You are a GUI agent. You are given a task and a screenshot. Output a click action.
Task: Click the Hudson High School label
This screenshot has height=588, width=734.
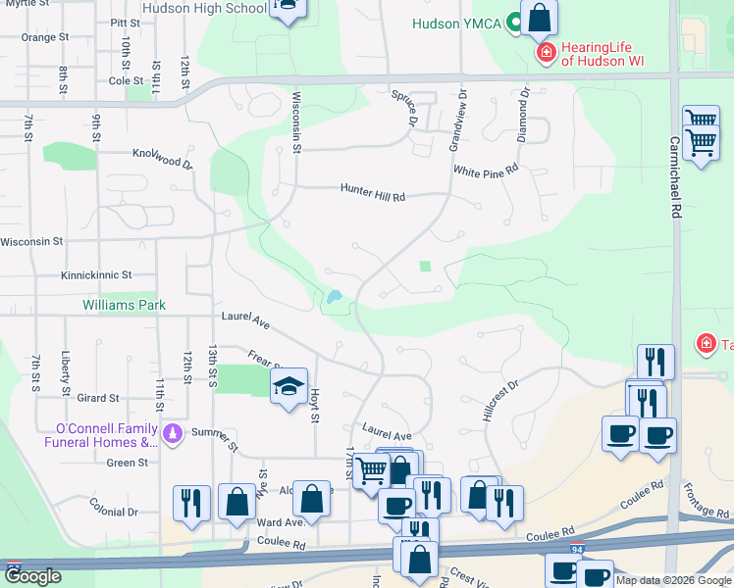(x=204, y=9)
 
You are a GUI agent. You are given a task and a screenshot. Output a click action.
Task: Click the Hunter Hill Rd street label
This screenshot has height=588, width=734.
(x=373, y=192)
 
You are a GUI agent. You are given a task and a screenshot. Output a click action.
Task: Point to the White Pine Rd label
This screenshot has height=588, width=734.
(x=485, y=171)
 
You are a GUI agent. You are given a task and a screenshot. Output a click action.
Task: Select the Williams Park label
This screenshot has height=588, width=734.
(x=124, y=306)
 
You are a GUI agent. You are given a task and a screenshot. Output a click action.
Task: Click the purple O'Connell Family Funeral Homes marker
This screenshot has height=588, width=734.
(x=174, y=432)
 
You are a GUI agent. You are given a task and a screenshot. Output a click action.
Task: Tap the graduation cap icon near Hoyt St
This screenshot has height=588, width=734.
(x=288, y=388)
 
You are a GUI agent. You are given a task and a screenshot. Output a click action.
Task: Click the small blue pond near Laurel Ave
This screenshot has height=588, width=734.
(x=337, y=296)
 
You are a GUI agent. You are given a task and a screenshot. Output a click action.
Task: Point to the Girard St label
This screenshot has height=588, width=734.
(x=98, y=399)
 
